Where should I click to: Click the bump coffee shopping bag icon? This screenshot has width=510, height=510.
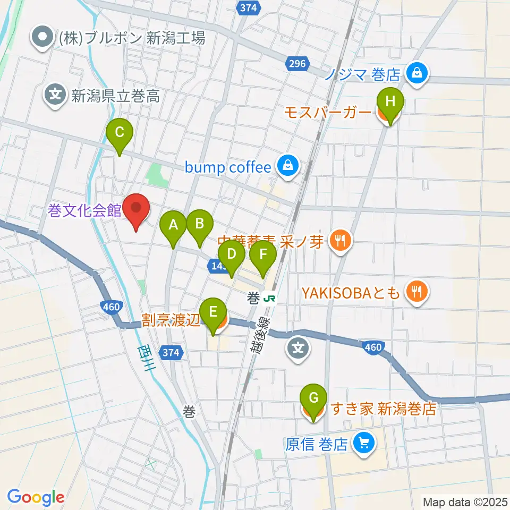click(x=287, y=167)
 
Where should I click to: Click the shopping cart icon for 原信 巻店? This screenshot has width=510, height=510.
click(x=363, y=443)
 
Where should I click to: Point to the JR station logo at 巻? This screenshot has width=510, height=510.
click(x=270, y=298)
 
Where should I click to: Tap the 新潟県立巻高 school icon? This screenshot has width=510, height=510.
click(x=55, y=96)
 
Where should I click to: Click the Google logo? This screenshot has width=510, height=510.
click(x=36, y=497)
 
